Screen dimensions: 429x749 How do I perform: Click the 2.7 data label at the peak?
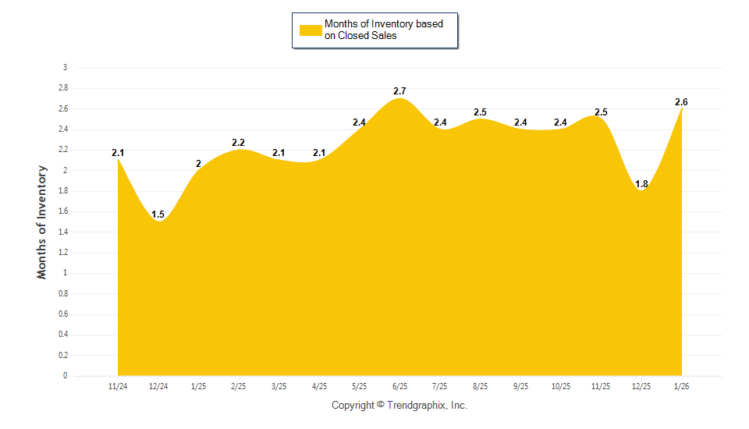(399, 92)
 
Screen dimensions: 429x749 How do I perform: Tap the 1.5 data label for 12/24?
(158, 214)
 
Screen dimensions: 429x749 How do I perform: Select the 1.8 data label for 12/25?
(641, 184)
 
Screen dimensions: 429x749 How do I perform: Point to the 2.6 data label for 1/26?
(681, 102)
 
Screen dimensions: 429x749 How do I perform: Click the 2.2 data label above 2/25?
(239, 143)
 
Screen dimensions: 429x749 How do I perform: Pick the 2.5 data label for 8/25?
(480, 112)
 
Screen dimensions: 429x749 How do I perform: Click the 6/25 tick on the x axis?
(399, 386)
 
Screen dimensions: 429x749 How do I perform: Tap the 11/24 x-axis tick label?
(118, 386)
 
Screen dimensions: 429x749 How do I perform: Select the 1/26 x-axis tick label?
(681, 386)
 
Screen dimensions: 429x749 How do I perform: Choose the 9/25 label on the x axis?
(520, 386)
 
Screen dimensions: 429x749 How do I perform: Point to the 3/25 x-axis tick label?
(279, 386)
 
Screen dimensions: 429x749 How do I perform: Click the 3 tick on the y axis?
(65, 68)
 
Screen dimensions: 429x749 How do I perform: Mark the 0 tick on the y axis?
(65, 376)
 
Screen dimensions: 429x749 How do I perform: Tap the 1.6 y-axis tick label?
(62, 211)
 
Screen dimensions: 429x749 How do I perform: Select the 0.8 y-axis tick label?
(62, 294)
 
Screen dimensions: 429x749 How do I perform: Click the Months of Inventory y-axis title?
(42, 222)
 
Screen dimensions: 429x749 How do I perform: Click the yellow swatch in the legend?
(311, 30)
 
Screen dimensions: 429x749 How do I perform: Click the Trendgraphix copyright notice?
(399, 406)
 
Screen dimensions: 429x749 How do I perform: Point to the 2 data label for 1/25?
(198, 164)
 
